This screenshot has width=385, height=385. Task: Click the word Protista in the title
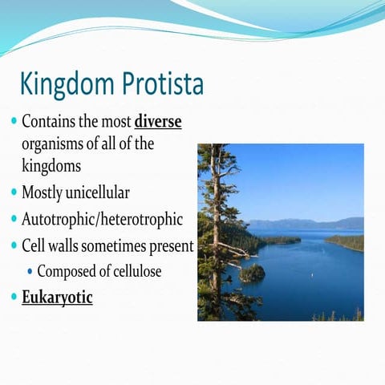pyautogui.click(x=161, y=84)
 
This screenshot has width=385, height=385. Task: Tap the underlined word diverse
pyautogui.click(x=158, y=123)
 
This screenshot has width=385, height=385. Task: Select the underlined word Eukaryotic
pyautogui.click(x=57, y=298)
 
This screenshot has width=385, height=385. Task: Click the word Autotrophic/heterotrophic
pyautogui.click(x=102, y=219)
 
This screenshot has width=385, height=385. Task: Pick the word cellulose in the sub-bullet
pyautogui.click(x=132, y=271)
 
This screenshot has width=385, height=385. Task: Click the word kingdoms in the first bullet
pyautogui.click(x=52, y=166)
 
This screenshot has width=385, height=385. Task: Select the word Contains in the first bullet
pyautogui.click(x=49, y=123)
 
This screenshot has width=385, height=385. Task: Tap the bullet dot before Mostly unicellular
pyautogui.click(x=13, y=193)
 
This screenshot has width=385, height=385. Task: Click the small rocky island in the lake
pyautogui.click(x=253, y=273)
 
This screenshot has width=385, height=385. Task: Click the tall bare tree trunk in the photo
pyautogui.click(x=214, y=225)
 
